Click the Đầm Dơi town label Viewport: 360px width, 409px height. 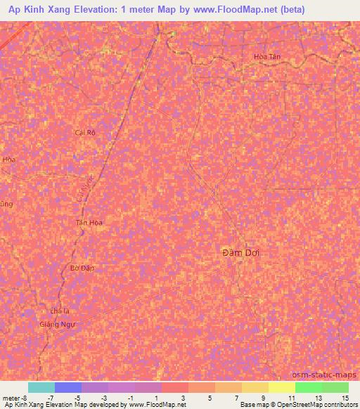click(x=236, y=252)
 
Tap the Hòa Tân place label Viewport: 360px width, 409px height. click(x=267, y=58)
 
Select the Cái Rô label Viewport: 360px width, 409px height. click(x=84, y=132)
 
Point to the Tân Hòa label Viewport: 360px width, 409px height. click(x=89, y=223)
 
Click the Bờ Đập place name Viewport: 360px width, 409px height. click(x=83, y=268)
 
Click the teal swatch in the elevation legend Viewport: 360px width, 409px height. click(x=41, y=387)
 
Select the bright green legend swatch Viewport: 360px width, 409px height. click(x=308, y=387)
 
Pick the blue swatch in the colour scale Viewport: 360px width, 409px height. click(x=68, y=387)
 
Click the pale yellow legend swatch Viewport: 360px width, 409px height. click(x=281, y=387)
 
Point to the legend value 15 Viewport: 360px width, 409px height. click(x=345, y=397)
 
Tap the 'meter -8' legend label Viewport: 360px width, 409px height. click(x=14, y=397)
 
